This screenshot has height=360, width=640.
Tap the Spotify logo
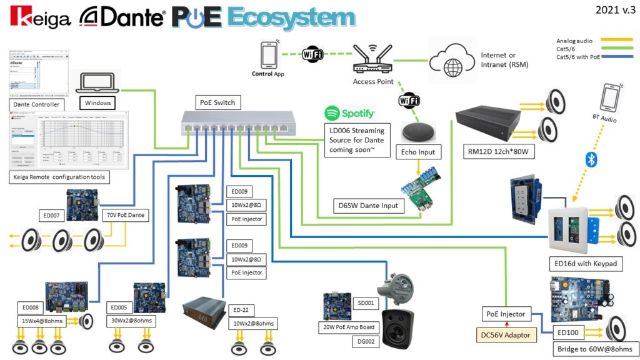pyautogui.click(x=350, y=113)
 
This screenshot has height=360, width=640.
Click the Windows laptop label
pyautogui.click(x=98, y=102)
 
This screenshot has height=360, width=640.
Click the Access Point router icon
pyautogui.click(x=372, y=58)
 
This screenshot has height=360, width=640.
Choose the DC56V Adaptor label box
pyautogui.click(x=505, y=335)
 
